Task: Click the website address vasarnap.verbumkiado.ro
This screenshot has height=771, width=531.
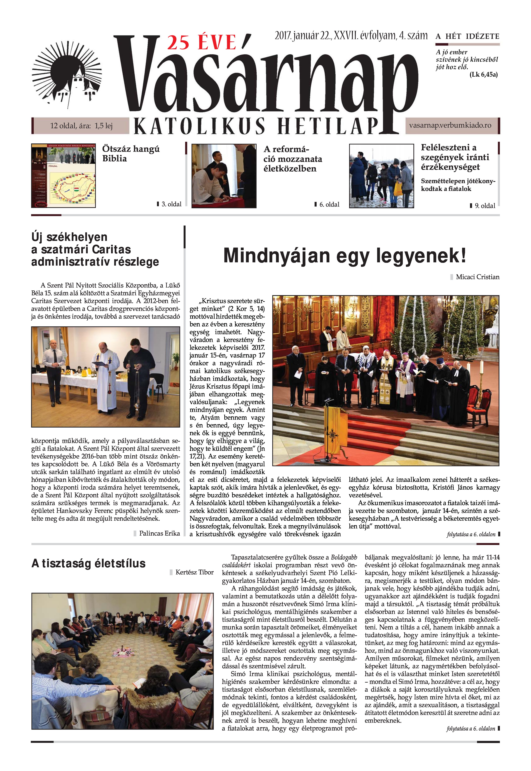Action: [x=450, y=125]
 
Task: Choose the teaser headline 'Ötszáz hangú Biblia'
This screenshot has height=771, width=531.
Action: [x=131, y=154]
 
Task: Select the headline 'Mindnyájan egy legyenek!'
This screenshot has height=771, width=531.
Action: [x=345, y=256]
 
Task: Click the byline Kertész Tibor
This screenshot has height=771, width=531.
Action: [x=194, y=572]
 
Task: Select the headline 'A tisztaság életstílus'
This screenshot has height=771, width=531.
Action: [x=89, y=563]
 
